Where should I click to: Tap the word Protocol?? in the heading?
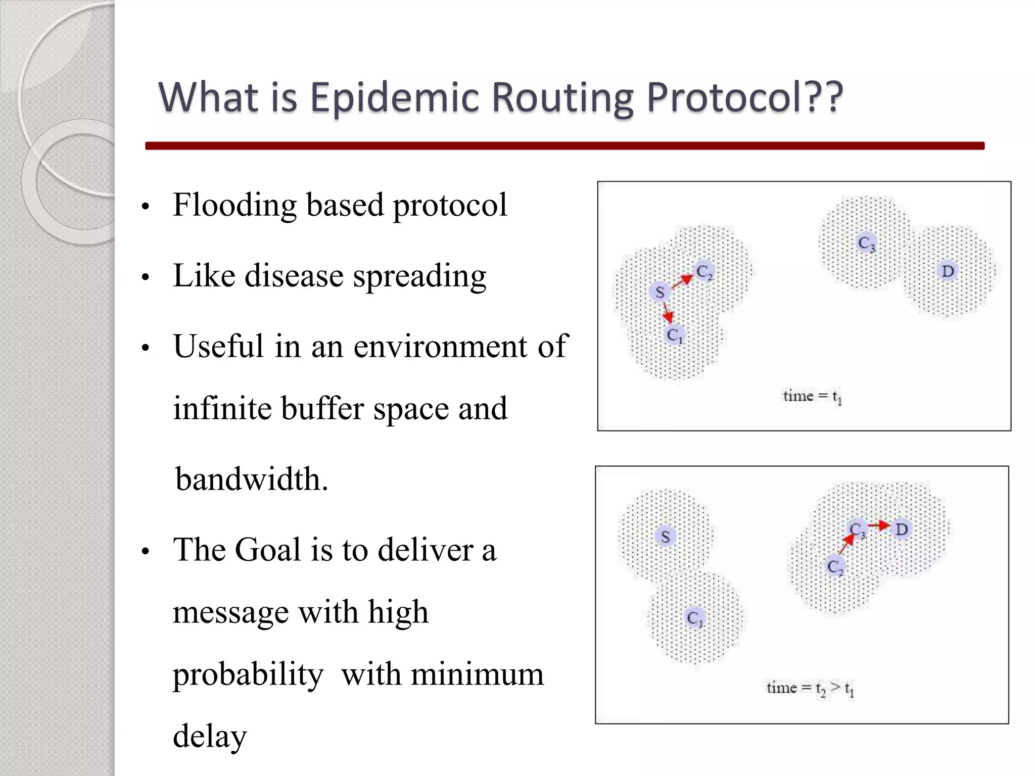[745, 97]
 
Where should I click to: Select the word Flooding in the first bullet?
[234, 205]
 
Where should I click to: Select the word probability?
[248, 674]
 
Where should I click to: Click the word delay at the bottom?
[210, 736]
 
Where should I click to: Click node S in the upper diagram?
[660, 292]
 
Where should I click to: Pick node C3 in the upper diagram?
[866, 244]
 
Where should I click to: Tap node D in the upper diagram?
[948, 271]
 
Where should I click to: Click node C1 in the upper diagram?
[674, 335]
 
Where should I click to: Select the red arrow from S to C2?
[682, 281]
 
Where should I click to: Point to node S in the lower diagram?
[665, 537]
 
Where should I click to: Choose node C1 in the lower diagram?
[695, 618]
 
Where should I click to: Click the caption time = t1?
[812, 397]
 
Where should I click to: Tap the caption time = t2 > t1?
[810, 688]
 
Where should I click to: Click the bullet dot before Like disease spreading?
[146, 277]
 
